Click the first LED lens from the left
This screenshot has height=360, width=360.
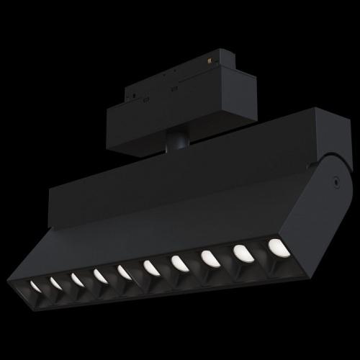(35, 287)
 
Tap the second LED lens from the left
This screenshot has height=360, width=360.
(55, 283)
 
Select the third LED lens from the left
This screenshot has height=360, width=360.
(77, 279)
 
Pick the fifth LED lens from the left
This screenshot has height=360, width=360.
(125, 271)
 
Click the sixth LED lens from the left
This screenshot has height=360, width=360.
(151, 267)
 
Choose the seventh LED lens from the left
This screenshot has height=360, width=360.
(179, 263)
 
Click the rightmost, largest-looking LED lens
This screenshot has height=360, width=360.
(276, 246)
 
